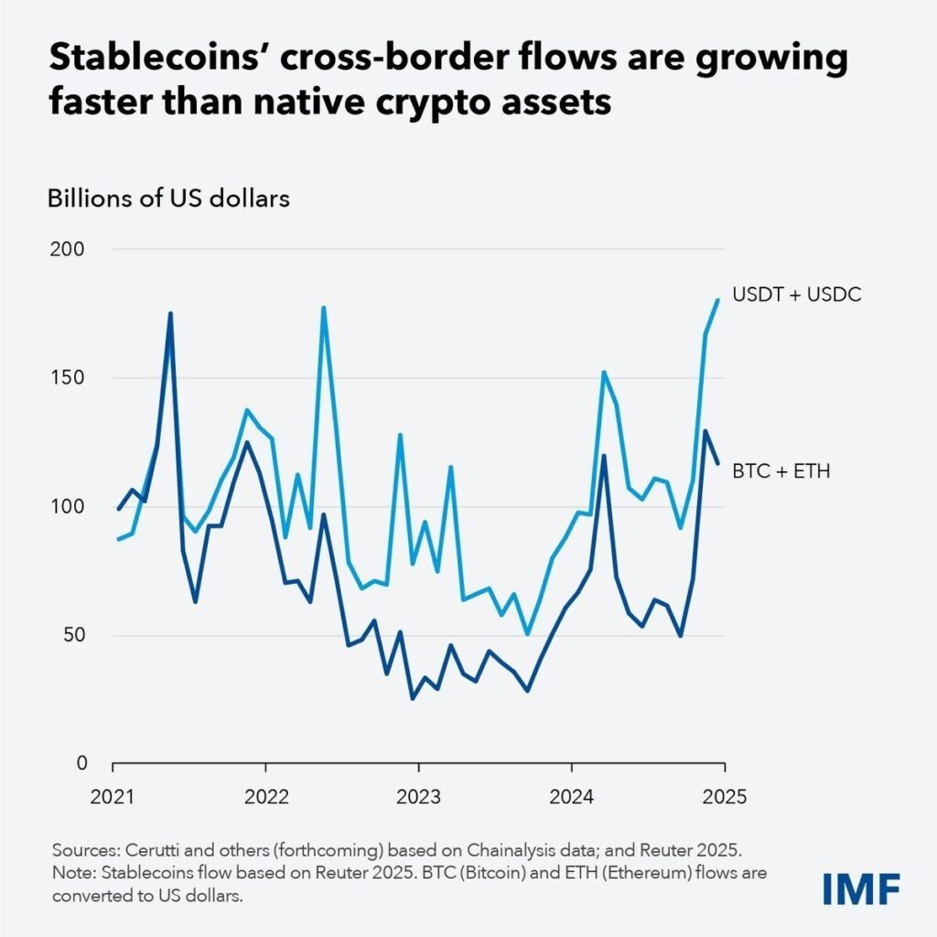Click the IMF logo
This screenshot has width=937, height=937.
click(x=860, y=887)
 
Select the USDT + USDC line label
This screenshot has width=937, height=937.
click(x=796, y=296)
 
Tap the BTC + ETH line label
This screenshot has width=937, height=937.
click(x=781, y=472)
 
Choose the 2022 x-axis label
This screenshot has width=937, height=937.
click(x=265, y=795)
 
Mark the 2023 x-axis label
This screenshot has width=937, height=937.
click(x=418, y=795)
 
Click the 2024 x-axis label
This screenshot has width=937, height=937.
click(x=571, y=795)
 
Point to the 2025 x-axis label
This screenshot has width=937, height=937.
click(x=724, y=795)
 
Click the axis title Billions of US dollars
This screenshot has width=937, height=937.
click(x=168, y=198)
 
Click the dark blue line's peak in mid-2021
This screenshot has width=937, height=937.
click(x=170, y=314)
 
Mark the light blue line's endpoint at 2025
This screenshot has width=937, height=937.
click(x=718, y=299)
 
